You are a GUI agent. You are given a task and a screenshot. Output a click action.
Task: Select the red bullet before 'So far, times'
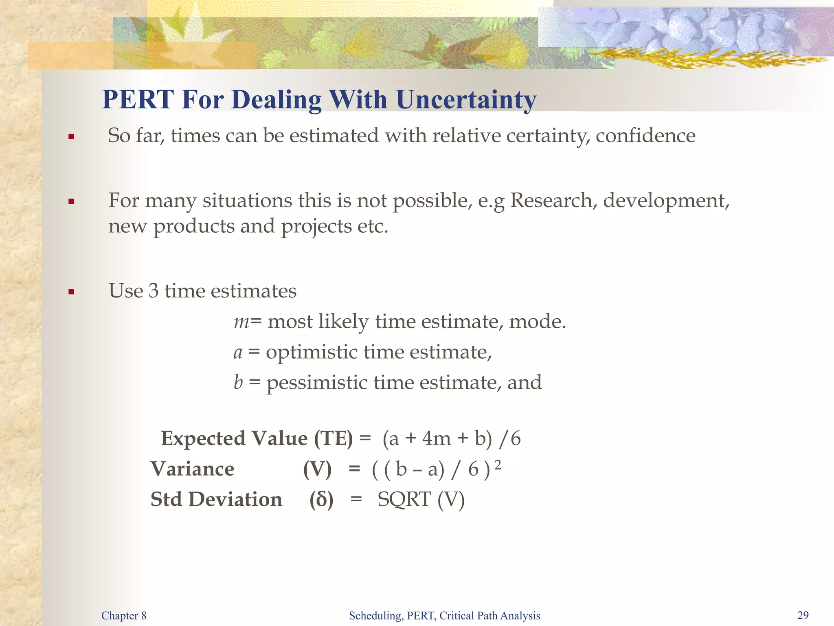(x=71, y=137)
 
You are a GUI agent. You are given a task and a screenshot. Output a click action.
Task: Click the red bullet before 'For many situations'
(x=71, y=201)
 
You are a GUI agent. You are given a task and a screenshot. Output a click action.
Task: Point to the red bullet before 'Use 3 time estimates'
(x=71, y=292)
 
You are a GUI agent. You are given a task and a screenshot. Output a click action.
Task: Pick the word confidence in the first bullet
(x=645, y=136)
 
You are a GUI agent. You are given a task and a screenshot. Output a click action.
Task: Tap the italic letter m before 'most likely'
(x=241, y=322)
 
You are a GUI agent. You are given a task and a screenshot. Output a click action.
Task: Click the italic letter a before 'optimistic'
(x=238, y=353)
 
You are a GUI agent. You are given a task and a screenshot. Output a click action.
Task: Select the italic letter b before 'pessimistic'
(x=238, y=382)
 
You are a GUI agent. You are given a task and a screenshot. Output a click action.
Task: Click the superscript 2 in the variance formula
(x=498, y=465)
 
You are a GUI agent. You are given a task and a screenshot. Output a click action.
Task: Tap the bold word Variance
(x=192, y=469)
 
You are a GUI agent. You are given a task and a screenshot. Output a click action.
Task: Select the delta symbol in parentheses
(x=321, y=499)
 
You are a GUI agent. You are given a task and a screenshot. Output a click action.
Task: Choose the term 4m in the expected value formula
(x=436, y=439)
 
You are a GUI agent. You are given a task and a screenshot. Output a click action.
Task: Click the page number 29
(x=803, y=615)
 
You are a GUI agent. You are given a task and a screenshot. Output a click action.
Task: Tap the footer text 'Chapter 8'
(x=124, y=615)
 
